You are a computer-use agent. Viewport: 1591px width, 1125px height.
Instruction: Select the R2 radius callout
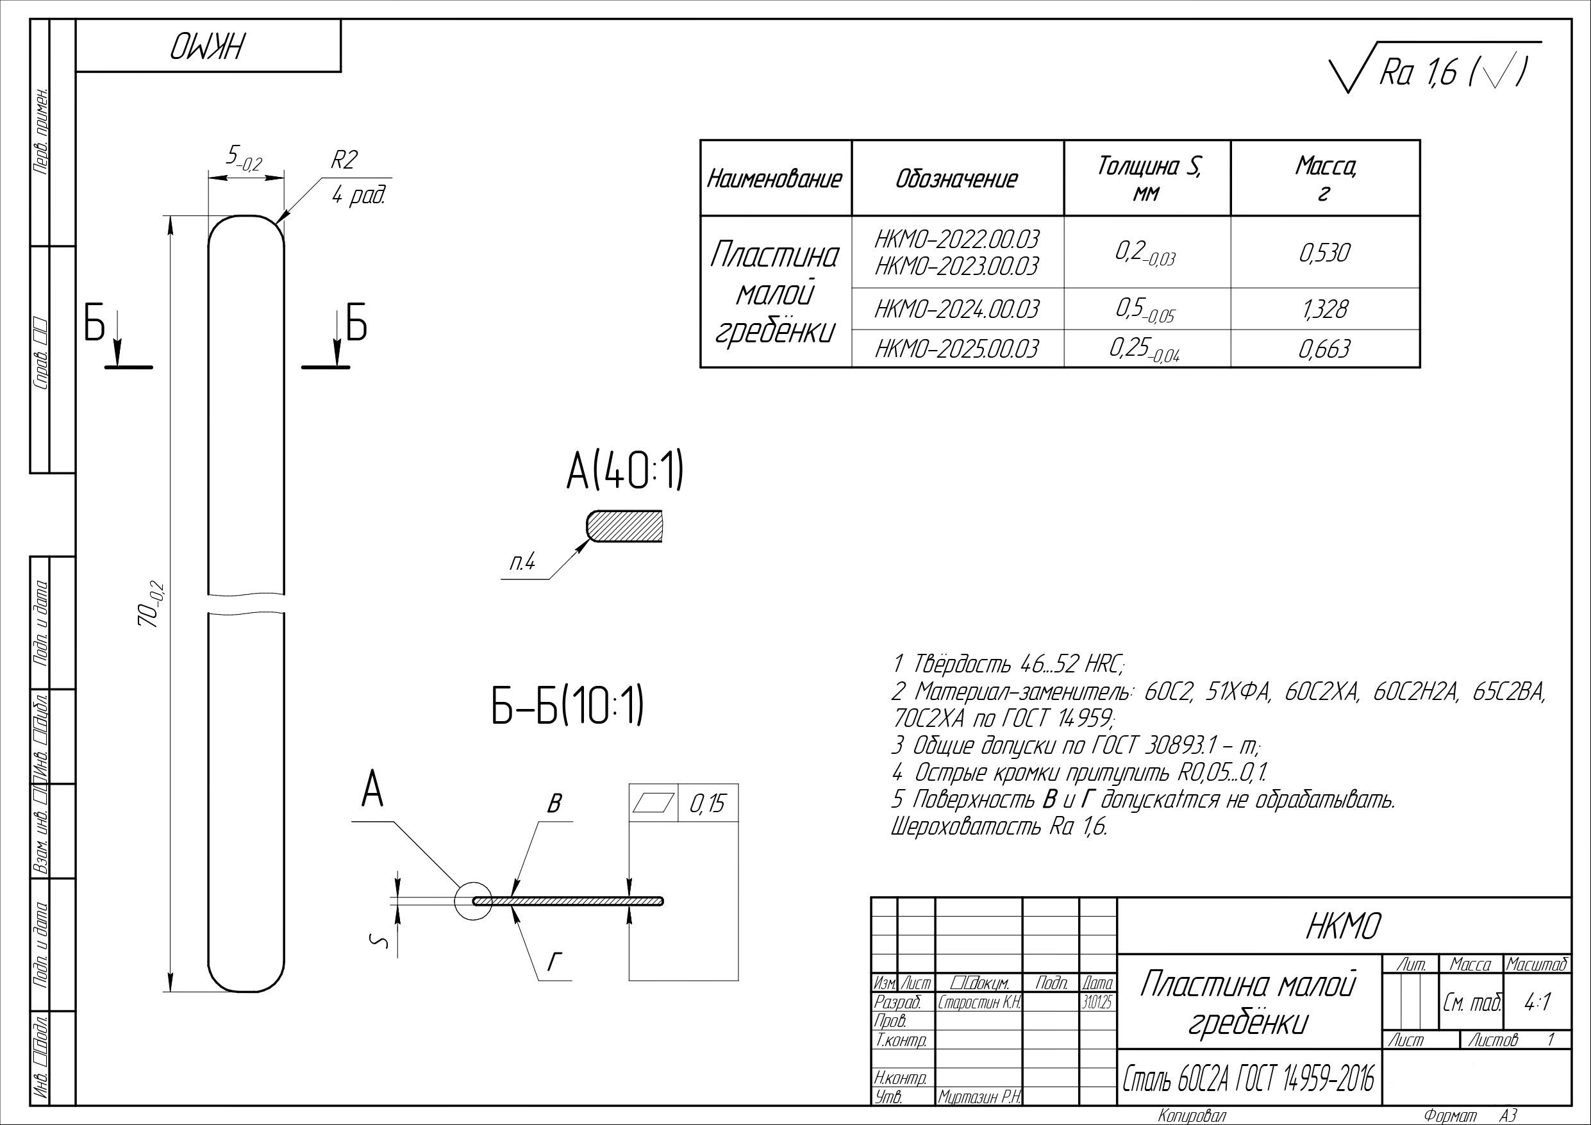point(344,160)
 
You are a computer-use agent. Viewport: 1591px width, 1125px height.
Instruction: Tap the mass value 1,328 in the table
point(1324,309)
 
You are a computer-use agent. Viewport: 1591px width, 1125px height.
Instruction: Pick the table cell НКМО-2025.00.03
point(956,349)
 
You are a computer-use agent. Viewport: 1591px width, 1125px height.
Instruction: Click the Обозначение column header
point(956,179)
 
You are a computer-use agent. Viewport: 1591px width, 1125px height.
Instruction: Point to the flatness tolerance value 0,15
point(707,803)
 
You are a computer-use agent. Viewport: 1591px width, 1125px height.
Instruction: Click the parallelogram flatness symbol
point(653,803)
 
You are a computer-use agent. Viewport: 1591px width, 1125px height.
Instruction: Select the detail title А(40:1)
point(624,472)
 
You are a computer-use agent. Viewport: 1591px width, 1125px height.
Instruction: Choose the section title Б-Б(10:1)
point(567,706)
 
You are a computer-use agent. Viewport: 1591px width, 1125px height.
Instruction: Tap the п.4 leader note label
point(522,563)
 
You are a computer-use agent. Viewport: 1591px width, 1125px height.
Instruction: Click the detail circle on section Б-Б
point(473,901)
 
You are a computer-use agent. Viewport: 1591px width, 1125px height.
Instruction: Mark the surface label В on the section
point(554,804)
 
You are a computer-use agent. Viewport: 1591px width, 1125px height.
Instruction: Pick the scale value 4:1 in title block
point(1537,1003)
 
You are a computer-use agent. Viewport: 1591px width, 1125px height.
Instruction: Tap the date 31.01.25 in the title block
point(1097,1003)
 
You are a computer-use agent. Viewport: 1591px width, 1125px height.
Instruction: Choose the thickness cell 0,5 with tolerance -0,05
point(1145,310)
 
